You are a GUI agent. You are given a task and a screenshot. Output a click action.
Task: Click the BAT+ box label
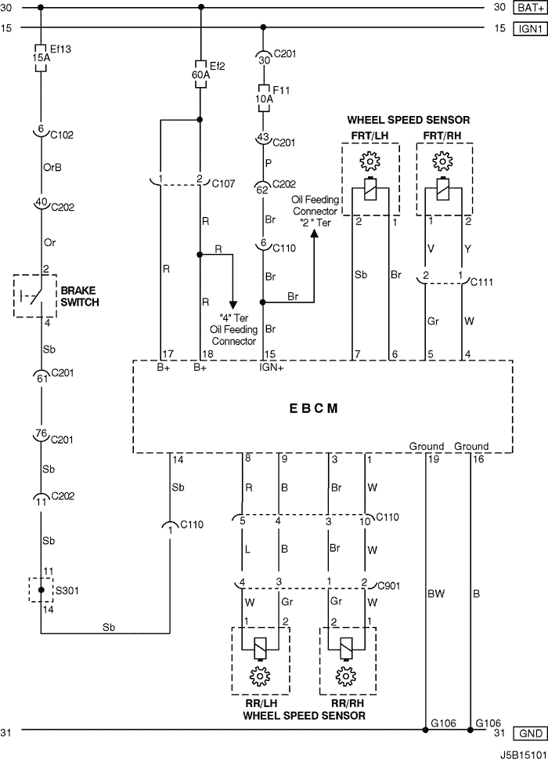coord(530,8)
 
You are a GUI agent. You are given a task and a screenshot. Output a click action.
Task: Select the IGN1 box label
coord(530,29)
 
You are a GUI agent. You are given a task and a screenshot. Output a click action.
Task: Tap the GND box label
coord(530,734)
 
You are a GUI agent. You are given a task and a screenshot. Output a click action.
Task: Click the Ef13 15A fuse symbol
coord(41,58)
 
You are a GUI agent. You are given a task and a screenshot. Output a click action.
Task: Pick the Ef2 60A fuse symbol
coord(200,74)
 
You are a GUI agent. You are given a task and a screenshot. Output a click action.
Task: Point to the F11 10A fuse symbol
coord(263,99)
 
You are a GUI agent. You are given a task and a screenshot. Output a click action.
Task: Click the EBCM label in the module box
coord(313,408)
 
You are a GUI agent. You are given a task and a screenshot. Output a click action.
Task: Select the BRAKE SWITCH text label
coord(80,296)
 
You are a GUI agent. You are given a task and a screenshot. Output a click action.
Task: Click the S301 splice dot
coord(41,590)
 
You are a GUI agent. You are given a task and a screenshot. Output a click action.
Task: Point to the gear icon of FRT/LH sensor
coord(370,160)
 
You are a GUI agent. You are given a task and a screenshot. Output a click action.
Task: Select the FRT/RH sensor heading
coord(442,136)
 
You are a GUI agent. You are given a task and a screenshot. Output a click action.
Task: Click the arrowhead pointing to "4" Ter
coord(233,305)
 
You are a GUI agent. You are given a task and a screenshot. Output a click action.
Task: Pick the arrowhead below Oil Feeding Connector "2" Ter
coord(314,234)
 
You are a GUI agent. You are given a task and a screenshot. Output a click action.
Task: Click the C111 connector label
coord(481,282)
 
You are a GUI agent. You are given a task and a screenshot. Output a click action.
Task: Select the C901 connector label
coord(389,585)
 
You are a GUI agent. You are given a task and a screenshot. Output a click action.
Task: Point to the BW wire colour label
coord(436,593)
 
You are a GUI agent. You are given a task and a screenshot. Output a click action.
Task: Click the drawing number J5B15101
coord(522,756)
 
